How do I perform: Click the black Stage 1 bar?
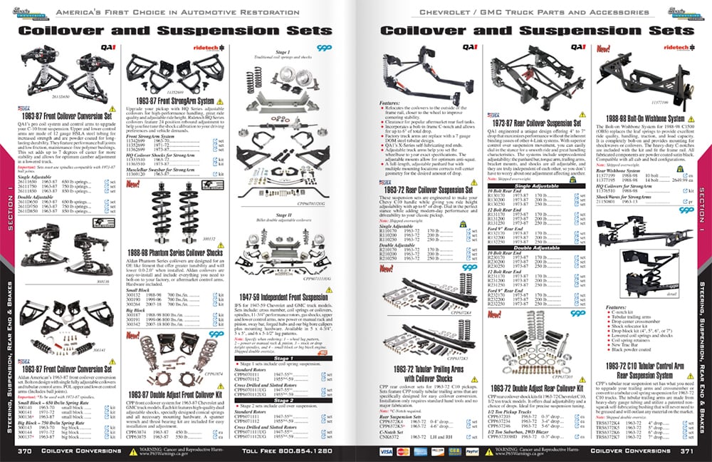coord(283,358)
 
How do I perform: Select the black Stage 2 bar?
coord(283,401)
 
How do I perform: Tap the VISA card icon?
coord(385,452)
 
